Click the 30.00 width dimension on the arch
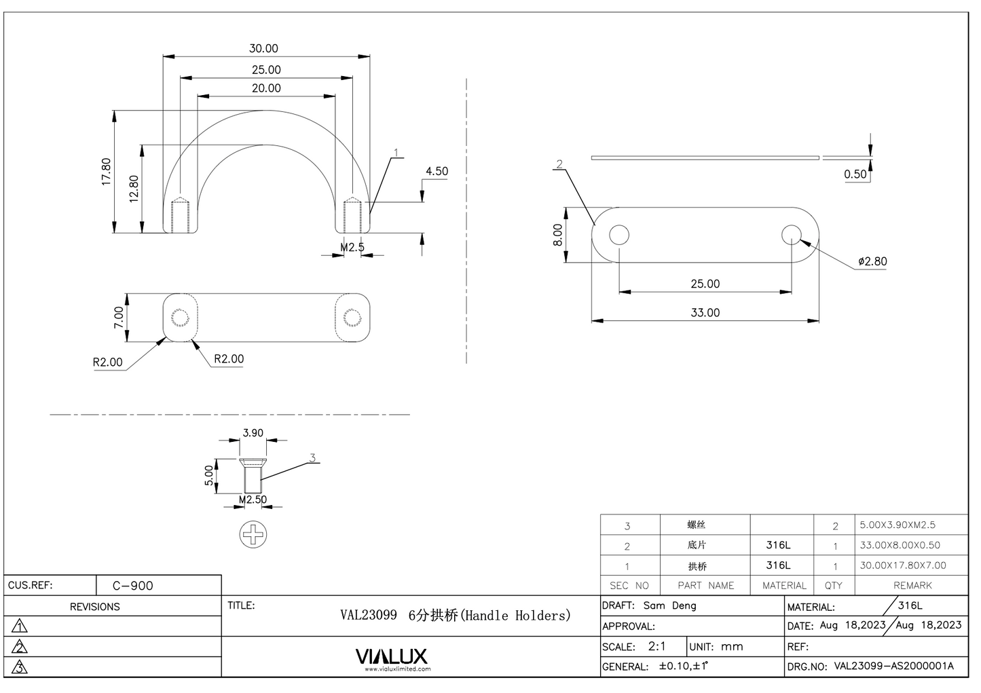point(263,48)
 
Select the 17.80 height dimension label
point(106,172)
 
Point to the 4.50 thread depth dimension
point(437,171)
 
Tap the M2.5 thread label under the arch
point(352,247)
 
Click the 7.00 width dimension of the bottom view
point(118,317)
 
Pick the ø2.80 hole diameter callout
point(872,261)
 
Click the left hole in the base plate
point(618,235)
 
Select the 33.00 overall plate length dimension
point(705,312)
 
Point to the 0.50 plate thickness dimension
point(855,174)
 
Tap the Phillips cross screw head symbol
point(253,535)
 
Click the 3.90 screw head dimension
point(253,433)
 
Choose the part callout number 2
point(559,164)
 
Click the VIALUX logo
point(392,656)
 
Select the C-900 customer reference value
point(133,586)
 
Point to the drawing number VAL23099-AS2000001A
point(893,666)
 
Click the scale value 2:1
point(656,646)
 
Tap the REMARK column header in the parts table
point(912,585)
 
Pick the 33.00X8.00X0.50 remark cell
point(900,545)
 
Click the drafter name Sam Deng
point(669,605)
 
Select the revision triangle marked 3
point(20,668)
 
